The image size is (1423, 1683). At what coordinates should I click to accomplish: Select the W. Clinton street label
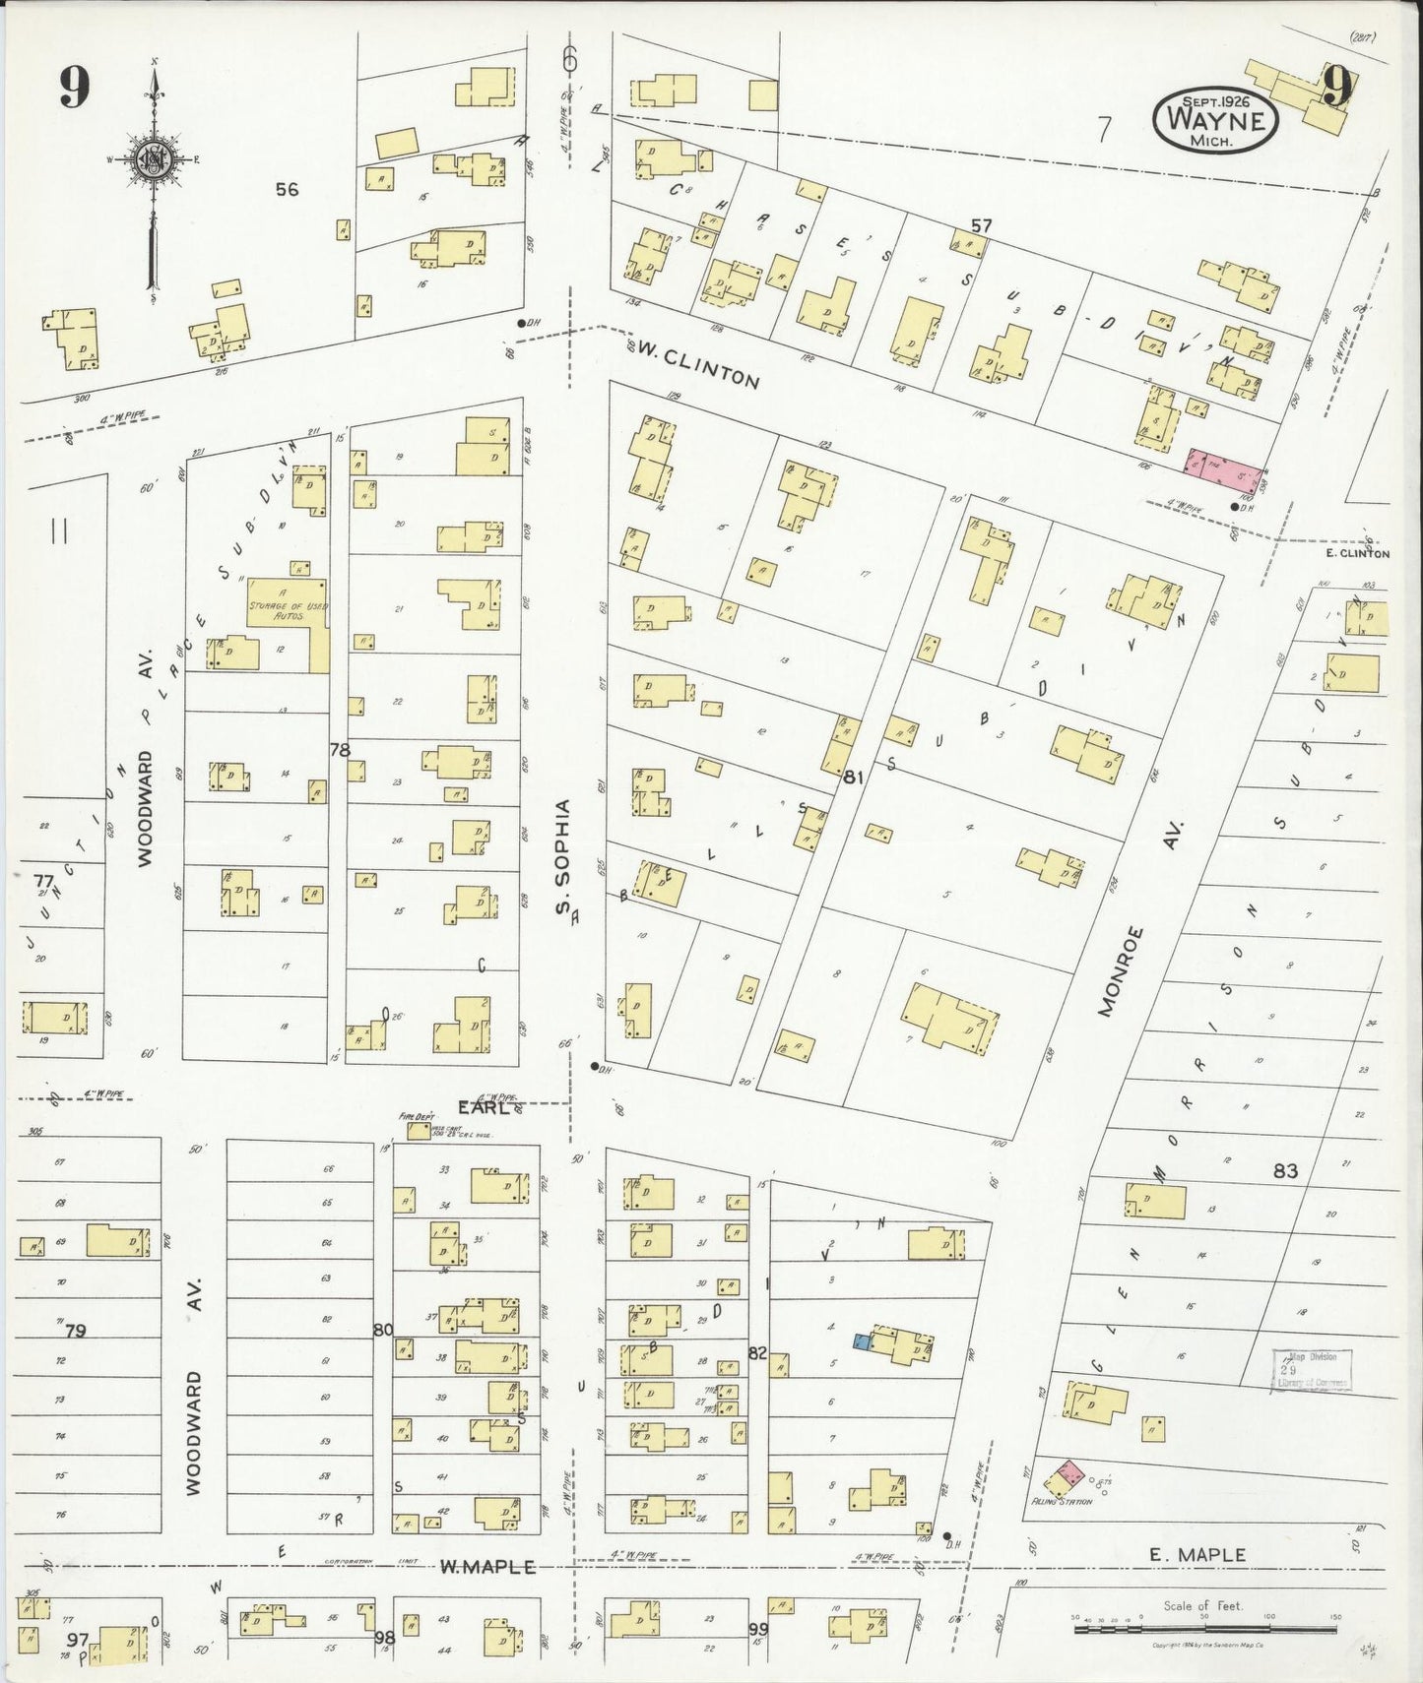(697, 363)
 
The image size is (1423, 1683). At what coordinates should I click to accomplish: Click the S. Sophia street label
(564, 856)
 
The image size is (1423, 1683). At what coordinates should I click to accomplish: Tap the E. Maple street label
(1197, 1555)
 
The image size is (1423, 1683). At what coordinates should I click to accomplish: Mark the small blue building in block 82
(862, 1340)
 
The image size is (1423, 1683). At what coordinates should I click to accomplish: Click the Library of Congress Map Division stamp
(1311, 1369)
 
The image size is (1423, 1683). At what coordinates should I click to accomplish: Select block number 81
(853, 778)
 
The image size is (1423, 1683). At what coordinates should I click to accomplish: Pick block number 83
(1285, 1170)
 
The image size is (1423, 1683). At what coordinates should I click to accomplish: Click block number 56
(287, 189)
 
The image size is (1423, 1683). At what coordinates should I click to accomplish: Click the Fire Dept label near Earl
(414, 1117)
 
